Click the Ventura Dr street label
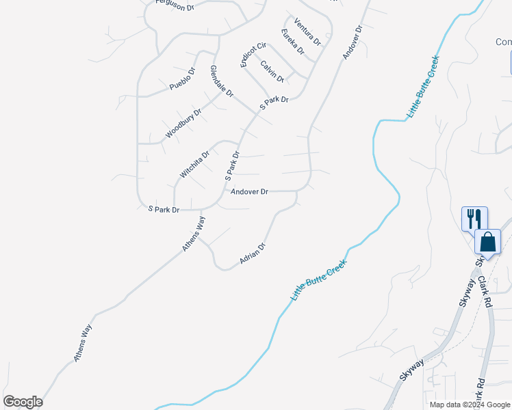pyautogui.click(x=307, y=31)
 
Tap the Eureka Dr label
pyautogui.click(x=292, y=42)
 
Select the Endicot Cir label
pyautogui.click(x=248, y=55)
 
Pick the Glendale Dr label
pyautogui.click(x=222, y=81)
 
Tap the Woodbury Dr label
pyautogui.click(x=183, y=123)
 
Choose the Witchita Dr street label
pyautogui.click(x=194, y=165)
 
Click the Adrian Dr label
pyautogui.click(x=252, y=254)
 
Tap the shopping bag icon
pyautogui.click(x=487, y=242)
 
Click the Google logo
pyautogui.click(x=23, y=402)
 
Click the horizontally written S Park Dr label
pyautogui.click(x=164, y=209)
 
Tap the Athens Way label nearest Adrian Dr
pyautogui.click(x=194, y=234)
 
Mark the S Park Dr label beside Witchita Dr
pyautogui.click(x=233, y=166)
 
